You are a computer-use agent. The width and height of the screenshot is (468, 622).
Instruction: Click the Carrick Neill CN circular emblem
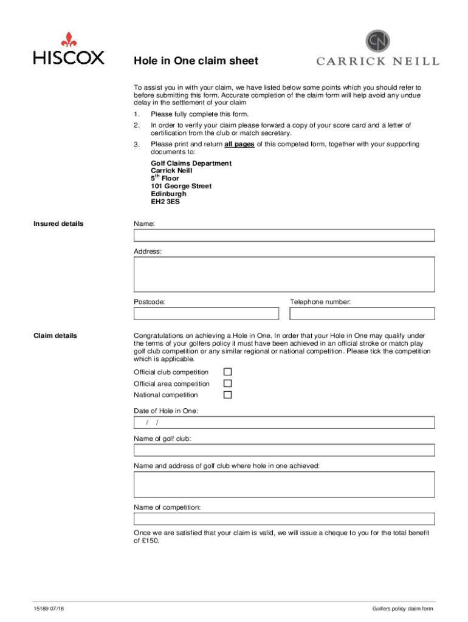pyautogui.click(x=377, y=41)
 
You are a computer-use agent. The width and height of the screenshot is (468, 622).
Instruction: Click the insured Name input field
pyautogui.click(x=284, y=236)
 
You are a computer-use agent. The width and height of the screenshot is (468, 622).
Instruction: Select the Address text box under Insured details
pyautogui.click(x=284, y=274)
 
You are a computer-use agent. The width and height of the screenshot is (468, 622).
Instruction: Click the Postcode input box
pyautogui.click(x=206, y=313)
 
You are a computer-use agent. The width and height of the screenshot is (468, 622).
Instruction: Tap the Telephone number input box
pyautogui.click(x=362, y=313)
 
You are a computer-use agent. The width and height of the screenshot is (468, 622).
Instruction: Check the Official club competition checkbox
pyautogui.click(x=227, y=372)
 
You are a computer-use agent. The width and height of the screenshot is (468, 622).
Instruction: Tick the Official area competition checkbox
pyautogui.click(x=227, y=383)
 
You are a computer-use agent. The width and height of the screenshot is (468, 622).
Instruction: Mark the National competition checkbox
pyautogui.click(x=227, y=395)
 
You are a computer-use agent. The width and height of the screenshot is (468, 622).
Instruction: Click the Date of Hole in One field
pyautogui.click(x=284, y=423)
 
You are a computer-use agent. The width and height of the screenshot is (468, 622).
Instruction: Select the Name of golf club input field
pyautogui.click(x=284, y=450)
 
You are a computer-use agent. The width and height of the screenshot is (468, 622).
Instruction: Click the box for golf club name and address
pyautogui.click(x=284, y=484)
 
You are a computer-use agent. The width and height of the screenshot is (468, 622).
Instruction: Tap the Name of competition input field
pyautogui.click(x=284, y=519)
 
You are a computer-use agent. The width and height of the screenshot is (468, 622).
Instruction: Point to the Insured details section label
pyautogui.click(x=58, y=224)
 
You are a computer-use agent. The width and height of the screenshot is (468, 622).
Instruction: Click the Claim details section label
pyautogui.click(x=55, y=335)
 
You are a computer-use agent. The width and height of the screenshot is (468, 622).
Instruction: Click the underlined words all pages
pyautogui.click(x=239, y=145)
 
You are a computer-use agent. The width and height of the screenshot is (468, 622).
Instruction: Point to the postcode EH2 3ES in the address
pyautogui.click(x=165, y=202)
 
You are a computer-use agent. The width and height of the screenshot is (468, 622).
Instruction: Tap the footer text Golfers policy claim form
pyautogui.click(x=403, y=609)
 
